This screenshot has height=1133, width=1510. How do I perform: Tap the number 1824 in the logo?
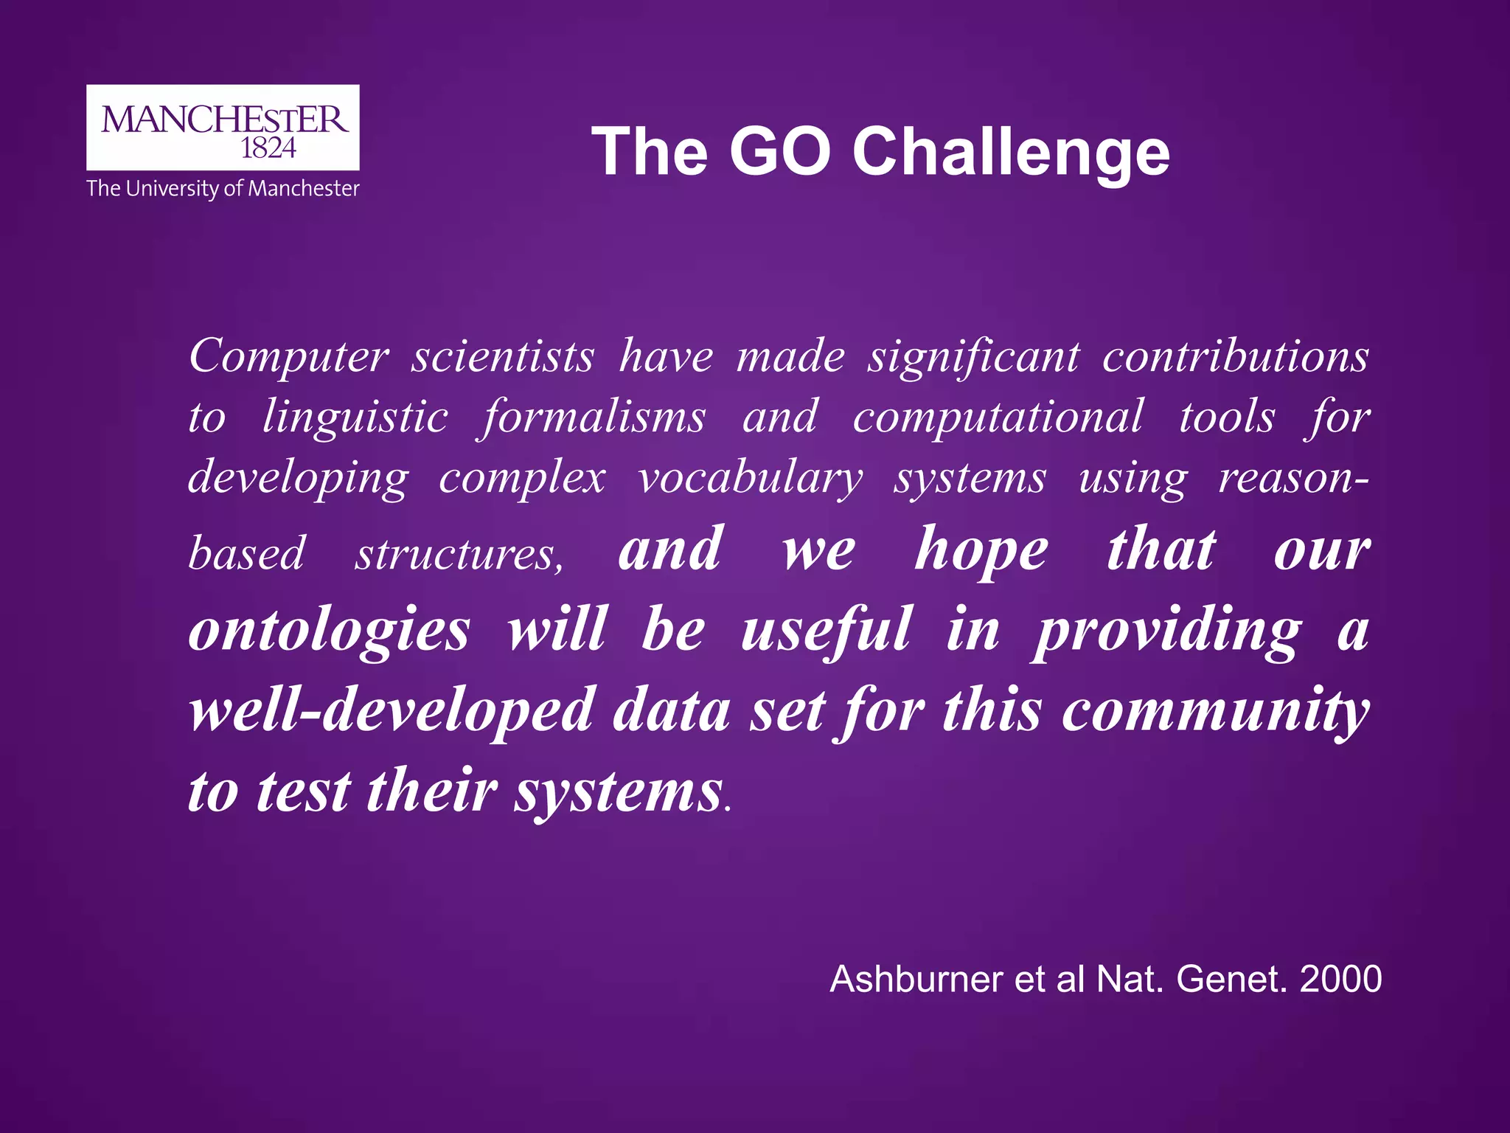pyautogui.click(x=268, y=148)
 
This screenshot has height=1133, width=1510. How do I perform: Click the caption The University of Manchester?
pyautogui.click(x=223, y=189)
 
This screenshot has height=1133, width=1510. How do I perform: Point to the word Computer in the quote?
pyautogui.click(x=288, y=357)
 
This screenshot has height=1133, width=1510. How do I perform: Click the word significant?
pyautogui.click(x=973, y=357)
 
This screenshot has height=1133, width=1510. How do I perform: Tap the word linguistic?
pyautogui.click(x=355, y=417)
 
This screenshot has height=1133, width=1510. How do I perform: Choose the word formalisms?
pyautogui.click(x=594, y=417)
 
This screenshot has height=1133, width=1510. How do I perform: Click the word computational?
pyautogui.click(x=998, y=417)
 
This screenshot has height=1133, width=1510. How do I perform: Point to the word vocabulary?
pyautogui.click(x=750, y=479)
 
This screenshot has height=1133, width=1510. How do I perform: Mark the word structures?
pyautogui.click(x=459, y=554)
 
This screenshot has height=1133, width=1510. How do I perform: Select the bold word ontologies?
pyautogui.click(x=329, y=631)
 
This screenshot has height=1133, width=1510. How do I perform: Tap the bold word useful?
pyautogui.click(x=826, y=631)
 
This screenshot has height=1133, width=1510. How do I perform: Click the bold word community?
pyautogui.click(x=1216, y=711)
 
